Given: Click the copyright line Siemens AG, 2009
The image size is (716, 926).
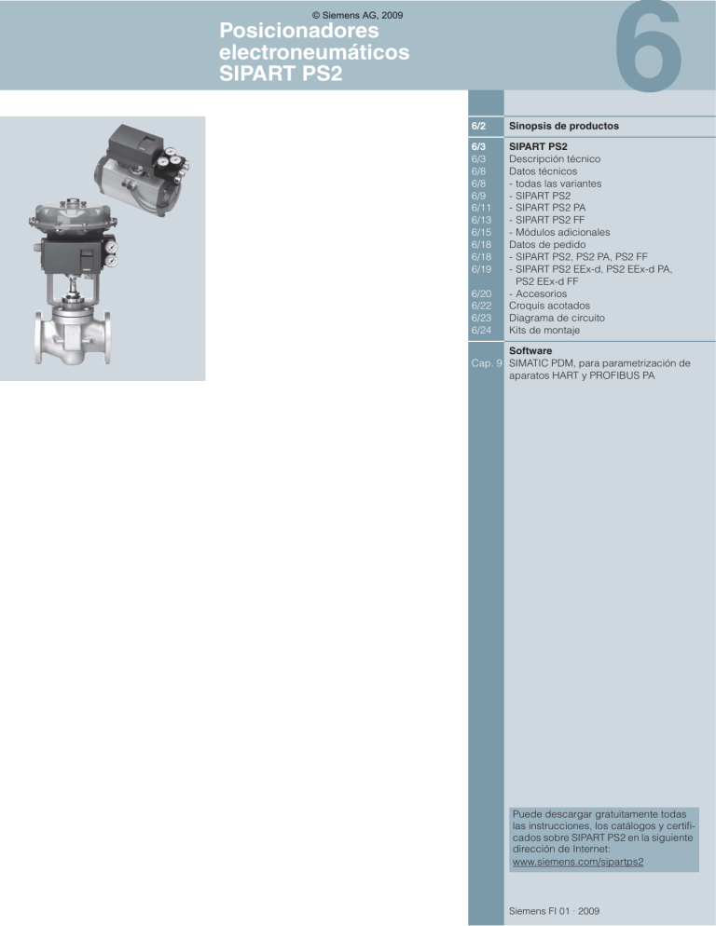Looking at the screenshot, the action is click(357, 15).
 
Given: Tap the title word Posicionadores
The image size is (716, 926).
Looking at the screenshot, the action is click(298, 30).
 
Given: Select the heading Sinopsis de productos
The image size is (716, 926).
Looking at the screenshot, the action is click(563, 126).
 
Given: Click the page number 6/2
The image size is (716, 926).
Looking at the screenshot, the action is click(478, 126).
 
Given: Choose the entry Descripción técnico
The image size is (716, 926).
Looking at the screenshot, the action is click(555, 159).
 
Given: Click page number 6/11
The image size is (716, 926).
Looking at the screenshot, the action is click(481, 208).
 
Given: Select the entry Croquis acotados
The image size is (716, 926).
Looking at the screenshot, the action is click(549, 306).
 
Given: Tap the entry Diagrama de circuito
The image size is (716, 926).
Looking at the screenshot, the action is click(557, 318).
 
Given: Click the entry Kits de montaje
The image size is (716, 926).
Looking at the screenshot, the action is click(544, 330).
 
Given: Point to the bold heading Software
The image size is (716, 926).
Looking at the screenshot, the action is click(530, 350).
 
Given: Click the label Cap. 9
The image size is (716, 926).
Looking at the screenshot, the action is click(487, 363).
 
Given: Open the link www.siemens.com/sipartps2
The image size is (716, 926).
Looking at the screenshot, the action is click(578, 862).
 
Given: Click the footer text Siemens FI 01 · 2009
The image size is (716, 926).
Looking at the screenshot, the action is click(554, 911).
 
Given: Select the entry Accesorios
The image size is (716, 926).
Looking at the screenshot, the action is click(538, 293).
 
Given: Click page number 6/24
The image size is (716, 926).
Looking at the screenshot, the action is click(481, 330).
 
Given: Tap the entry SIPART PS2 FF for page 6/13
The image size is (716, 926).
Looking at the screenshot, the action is click(547, 220).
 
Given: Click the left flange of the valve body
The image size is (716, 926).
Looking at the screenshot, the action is click(39, 337).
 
